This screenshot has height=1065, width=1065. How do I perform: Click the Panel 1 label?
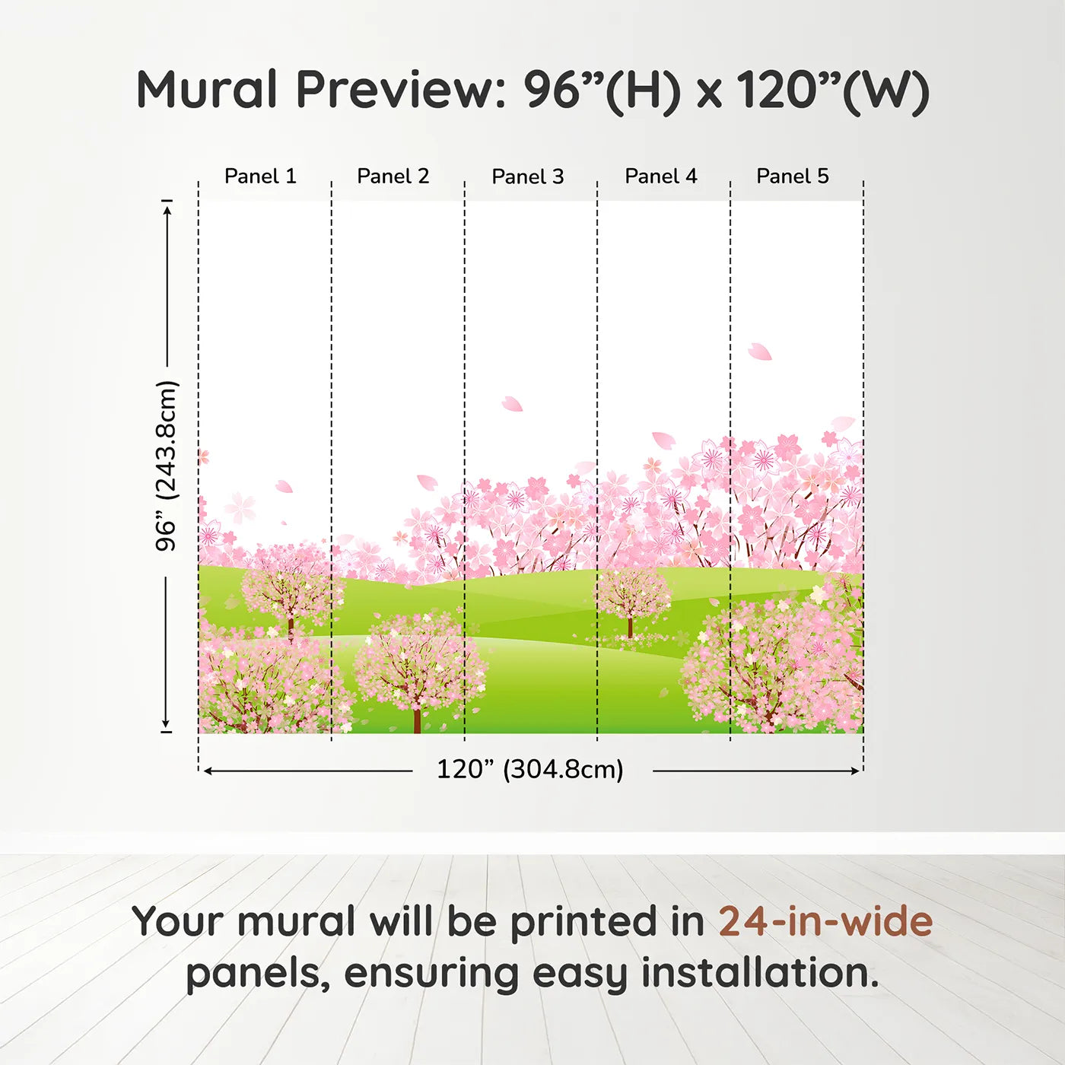[260, 176]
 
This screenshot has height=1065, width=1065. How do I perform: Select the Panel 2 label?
[393, 176]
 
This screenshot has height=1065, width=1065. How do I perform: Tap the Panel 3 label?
[528, 176]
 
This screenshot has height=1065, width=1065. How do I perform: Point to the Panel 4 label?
[661, 176]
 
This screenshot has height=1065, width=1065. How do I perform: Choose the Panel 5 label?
[793, 176]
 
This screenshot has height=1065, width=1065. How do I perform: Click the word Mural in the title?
[207, 90]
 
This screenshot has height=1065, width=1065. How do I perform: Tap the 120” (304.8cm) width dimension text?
[530, 770]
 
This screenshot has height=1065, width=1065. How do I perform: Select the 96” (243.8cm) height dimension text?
[167, 466]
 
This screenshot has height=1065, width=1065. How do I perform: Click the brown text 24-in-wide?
[825, 922]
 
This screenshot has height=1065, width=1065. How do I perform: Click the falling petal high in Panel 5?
[759, 351]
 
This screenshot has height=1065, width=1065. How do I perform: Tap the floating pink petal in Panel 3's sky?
[512, 404]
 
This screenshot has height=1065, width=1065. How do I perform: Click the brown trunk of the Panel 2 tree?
[417, 719]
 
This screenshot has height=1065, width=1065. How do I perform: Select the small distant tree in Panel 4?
[631, 597]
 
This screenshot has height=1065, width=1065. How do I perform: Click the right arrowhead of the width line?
[856, 771]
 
